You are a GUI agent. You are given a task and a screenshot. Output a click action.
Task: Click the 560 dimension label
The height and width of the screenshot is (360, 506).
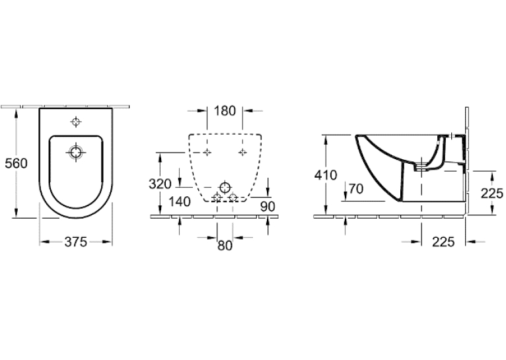[16, 163]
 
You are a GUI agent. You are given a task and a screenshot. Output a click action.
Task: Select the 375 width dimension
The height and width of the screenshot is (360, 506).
[76, 242]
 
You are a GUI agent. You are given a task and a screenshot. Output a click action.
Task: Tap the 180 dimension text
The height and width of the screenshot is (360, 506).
[225, 111]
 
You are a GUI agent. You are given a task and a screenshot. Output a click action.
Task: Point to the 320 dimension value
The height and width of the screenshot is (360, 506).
[160, 184]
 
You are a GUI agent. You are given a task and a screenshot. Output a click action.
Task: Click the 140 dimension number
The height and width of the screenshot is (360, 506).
[180, 202]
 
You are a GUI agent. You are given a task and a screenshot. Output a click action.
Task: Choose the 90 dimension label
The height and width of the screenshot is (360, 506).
[268, 207]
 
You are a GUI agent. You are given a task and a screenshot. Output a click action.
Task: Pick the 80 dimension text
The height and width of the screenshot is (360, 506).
[225, 246]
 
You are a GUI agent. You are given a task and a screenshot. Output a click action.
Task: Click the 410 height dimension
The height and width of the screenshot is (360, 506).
[326, 175]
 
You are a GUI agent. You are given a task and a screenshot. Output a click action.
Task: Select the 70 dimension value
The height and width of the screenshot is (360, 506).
[356, 189]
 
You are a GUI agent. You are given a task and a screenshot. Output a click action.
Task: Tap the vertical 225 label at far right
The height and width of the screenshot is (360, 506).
[492, 194]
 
